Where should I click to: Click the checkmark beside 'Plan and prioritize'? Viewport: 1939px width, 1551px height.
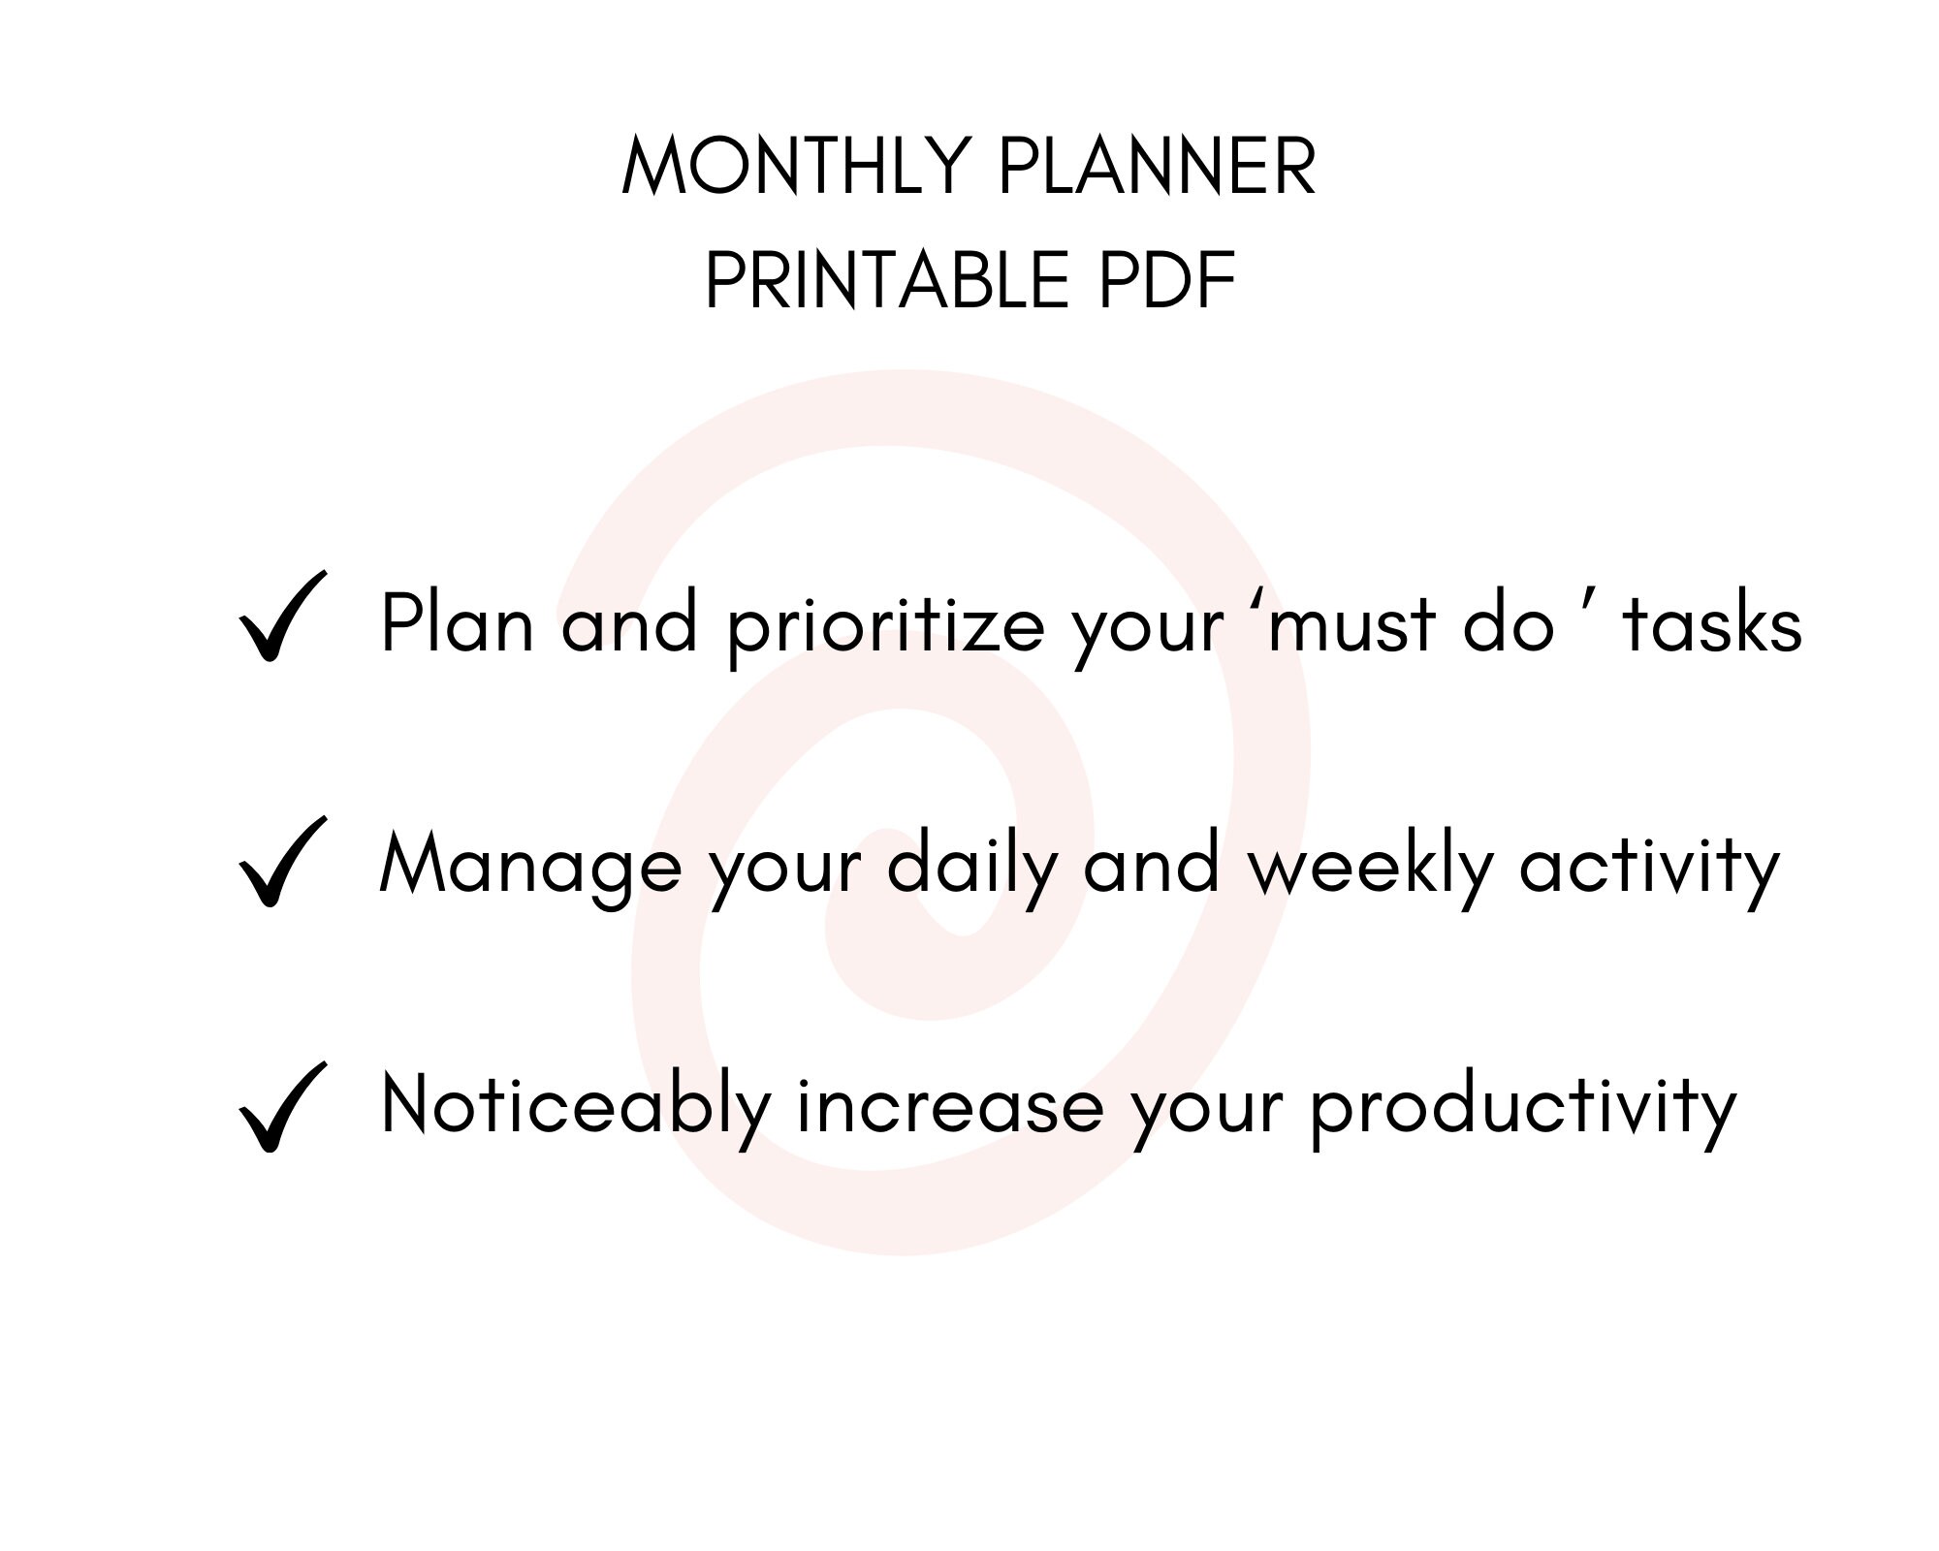pos(280,617)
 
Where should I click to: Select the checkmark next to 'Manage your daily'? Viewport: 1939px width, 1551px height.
pos(280,862)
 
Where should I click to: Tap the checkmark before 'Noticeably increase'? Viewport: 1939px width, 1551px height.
pos(280,1107)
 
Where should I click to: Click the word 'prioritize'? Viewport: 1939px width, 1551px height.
pos(886,626)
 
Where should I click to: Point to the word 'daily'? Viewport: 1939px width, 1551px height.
pos(970,867)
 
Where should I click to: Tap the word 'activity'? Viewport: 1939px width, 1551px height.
pos(1649,867)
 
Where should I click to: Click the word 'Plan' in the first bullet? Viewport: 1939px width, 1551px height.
pos(457,624)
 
